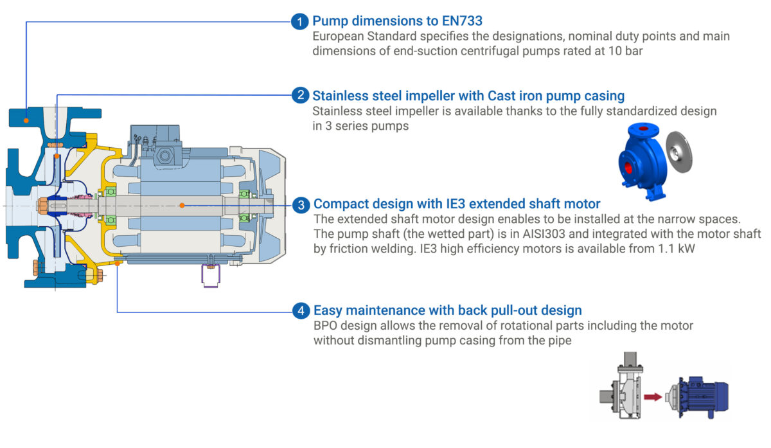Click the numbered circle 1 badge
pyautogui.click(x=300, y=21)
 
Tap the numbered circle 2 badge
pyautogui.click(x=301, y=95)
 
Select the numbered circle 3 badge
pyautogui.click(x=301, y=204)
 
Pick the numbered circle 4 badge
pyautogui.click(x=301, y=310)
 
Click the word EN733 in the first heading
pyautogui.click(x=462, y=21)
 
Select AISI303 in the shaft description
pyautogui.click(x=544, y=234)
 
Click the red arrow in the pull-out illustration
pyautogui.click(x=653, y=397)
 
